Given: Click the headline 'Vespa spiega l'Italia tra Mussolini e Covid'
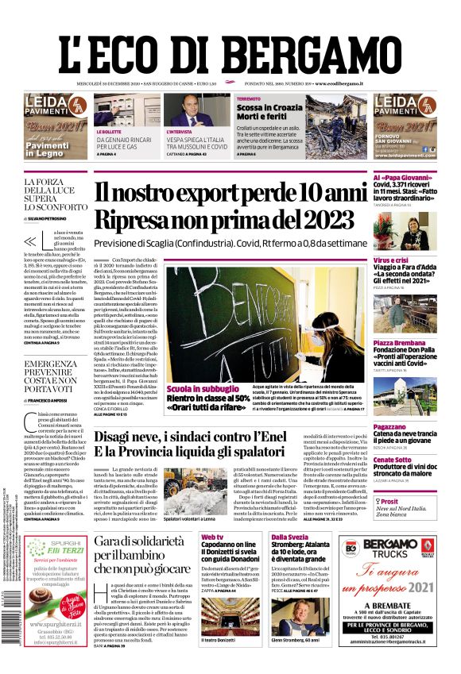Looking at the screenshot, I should [x=196, y=143].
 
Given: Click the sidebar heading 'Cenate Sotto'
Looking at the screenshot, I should [x=392, y=459].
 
